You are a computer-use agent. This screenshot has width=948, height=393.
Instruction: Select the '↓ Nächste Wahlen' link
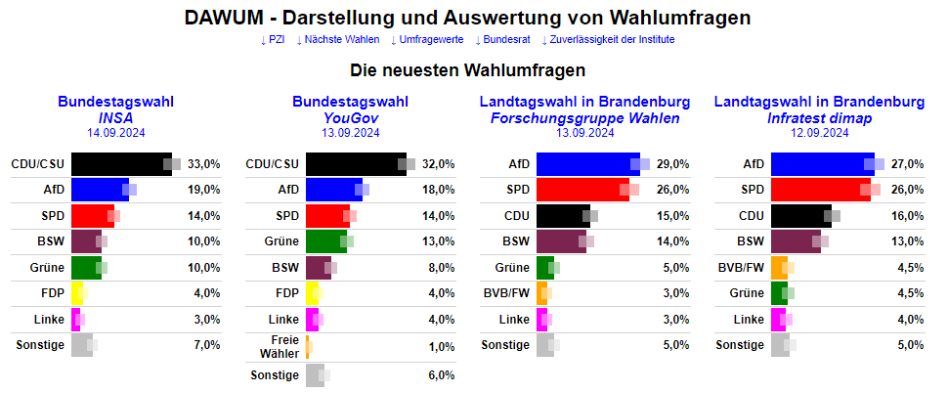338,39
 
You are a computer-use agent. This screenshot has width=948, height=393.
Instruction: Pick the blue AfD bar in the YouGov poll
333,190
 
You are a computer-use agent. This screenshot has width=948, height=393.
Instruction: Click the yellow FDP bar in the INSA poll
77,293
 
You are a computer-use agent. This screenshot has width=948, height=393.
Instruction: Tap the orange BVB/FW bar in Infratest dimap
778,268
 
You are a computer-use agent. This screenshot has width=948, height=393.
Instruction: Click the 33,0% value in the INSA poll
204,164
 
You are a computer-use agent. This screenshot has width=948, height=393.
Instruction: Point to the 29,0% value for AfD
673,164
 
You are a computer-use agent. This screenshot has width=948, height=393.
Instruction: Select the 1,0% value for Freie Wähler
442,347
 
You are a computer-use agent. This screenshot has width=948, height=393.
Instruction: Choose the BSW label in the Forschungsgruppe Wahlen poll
515,241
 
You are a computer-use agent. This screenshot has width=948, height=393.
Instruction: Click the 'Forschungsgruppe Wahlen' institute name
585,117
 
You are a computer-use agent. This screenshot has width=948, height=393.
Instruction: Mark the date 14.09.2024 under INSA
116,132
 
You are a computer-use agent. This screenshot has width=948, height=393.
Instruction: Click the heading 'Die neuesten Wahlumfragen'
468,70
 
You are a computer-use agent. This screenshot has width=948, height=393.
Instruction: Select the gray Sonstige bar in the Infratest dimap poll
780,345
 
